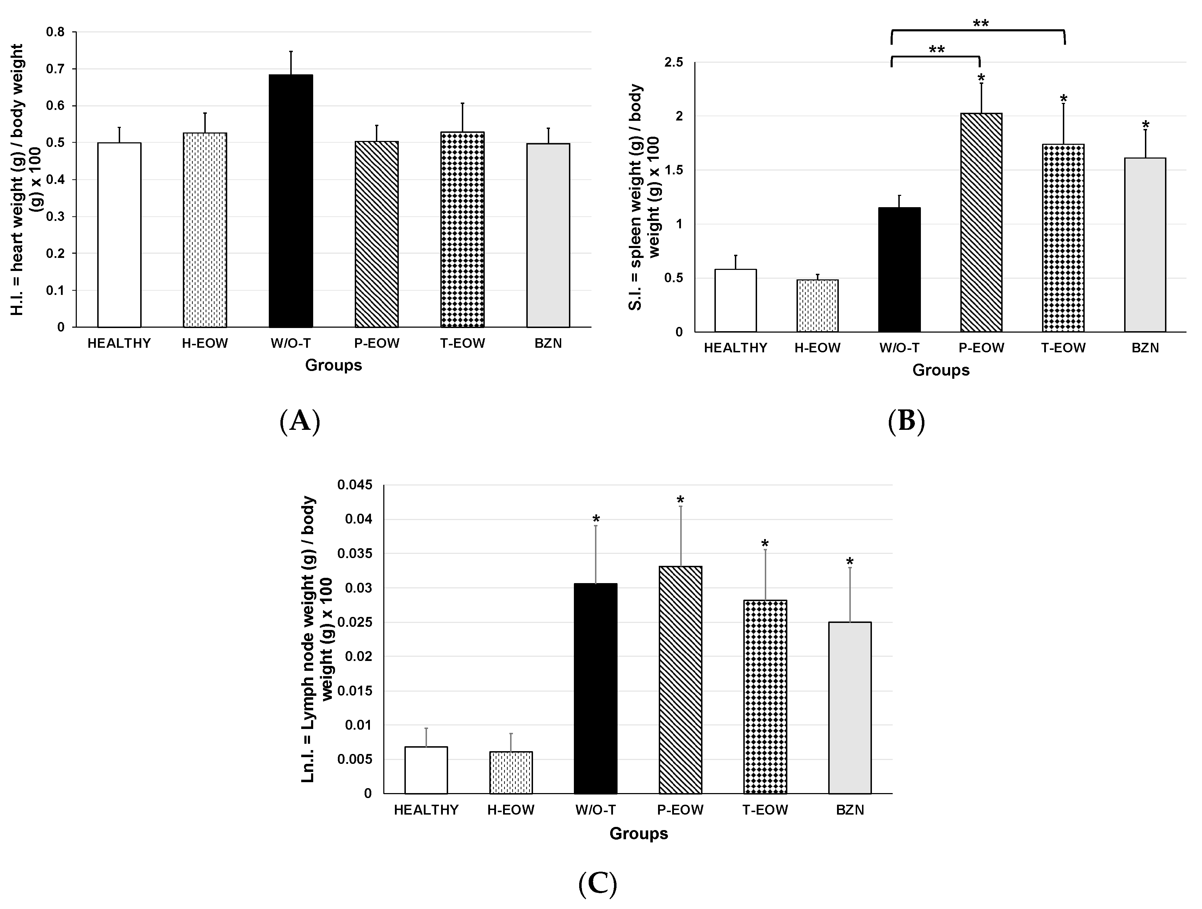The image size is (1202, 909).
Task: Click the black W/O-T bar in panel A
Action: coord(291,201)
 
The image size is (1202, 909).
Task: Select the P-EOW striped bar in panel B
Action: coord(981,223)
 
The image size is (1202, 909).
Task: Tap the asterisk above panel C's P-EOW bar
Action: coord(680,500)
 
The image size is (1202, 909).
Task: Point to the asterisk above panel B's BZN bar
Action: coord(1145,124)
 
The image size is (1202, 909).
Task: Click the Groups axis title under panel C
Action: coord(638,834)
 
